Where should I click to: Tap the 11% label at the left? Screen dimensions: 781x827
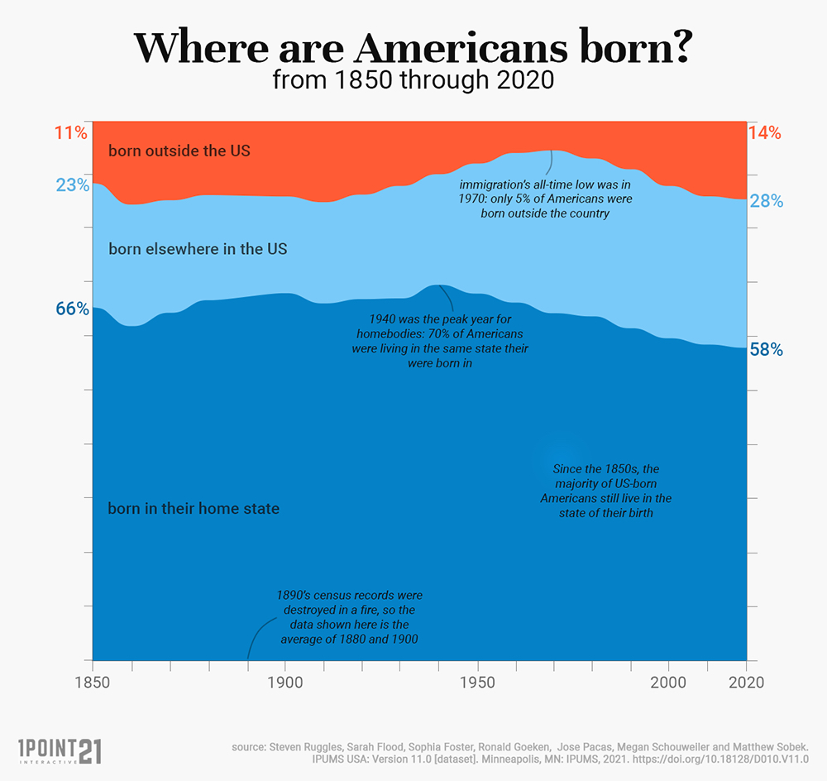pos(71,132)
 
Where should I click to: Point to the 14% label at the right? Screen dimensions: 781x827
pos(764,132)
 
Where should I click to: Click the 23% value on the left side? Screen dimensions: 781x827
pos(72,185)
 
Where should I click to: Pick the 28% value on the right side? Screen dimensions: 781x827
pos(766,201)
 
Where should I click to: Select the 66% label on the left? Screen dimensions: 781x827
pos(72,309)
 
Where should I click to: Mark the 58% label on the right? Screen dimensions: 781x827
pos(766,349)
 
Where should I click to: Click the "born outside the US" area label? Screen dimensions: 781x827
pos(179,151)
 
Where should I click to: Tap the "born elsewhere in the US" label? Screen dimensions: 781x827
pos(198,248)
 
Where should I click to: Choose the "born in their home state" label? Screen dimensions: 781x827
pos(194,508)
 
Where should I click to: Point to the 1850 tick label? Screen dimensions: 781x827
pos(93,683)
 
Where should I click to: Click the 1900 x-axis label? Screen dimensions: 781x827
pos(285,683)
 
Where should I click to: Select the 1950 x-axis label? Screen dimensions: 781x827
pos(476,683)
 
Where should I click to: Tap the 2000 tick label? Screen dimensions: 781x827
pos(668,683)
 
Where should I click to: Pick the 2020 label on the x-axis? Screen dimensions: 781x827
pos(745,683)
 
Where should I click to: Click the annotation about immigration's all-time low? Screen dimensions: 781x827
pos(545,199)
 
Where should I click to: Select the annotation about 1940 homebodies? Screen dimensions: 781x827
pos(439,341)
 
